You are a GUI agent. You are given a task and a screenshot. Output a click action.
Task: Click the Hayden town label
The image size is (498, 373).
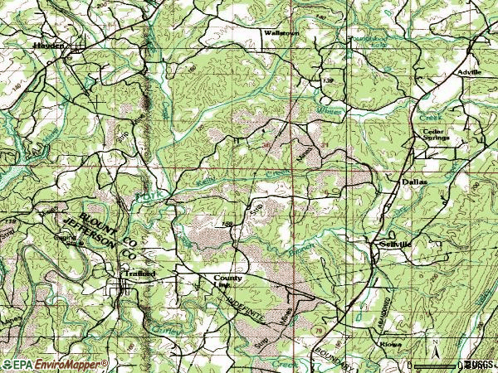49,46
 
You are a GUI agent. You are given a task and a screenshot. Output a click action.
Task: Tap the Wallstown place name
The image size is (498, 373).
274,32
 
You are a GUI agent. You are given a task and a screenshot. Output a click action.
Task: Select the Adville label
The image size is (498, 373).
469,73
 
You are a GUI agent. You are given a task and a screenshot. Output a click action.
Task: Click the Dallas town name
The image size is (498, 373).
413,181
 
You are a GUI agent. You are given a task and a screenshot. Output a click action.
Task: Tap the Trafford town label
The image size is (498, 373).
139,273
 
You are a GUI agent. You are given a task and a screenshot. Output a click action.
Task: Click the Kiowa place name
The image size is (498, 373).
390,343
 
